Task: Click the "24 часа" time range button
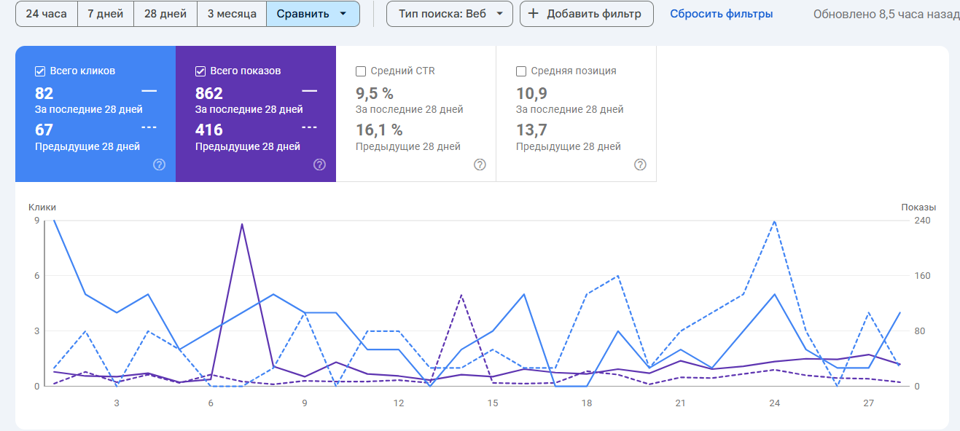pyautogui.click(x=46, y=14)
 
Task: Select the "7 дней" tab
pyautogui.click(x=106, y=14)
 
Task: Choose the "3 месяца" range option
pyautogui.click(x=231, y=14)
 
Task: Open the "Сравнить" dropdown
pyautogui.click(x=312, y=14)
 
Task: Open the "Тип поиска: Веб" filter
pyautogui.click(x=449, y=14)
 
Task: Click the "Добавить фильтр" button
pyautogui.click(x=585, y=14)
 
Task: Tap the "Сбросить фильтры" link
pyautogui.click(x=721, y=14)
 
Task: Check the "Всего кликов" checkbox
pyautogui.click(x=41, y=71)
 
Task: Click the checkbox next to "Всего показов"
pyautogui.click(x=201, y=71)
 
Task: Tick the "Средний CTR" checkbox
pyautogui.click(x=361, y=71)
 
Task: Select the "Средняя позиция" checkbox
pyautogui.click(x=521, y=71)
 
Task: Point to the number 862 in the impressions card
pyautogui.click(x=209, y=93)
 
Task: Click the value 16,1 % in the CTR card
pyautogui.click(x=379, y=130)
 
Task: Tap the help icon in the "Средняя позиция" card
pyautogui.click(x=640, y=165)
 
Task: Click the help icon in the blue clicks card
pyautogui.click(x=160, y=165)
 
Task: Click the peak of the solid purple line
pyautogui.click(x=241, y=224)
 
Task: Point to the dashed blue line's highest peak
pyautogui.click(x=774, y=221)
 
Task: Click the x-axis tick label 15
pyautogui.click(x=493, y=403)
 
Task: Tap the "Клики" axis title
pyautogui.click(x=42, y=207)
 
